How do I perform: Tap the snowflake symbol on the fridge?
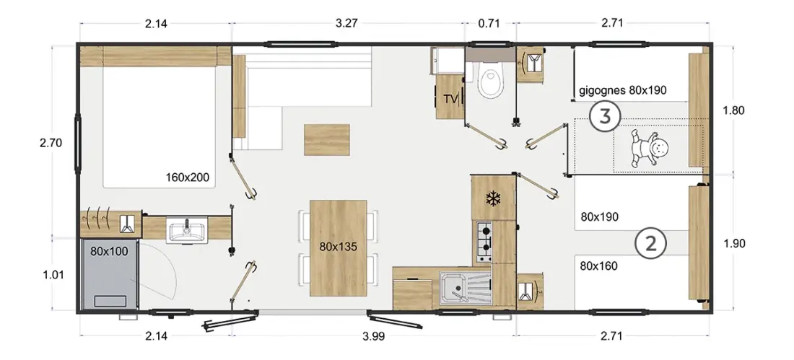tap(492, 198)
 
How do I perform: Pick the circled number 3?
tap(605, 117)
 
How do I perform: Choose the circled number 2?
tap(650, 244)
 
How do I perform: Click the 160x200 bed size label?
tap(188, 177)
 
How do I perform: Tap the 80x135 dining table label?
tap(339, 247)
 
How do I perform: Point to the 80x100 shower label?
tap(110, 250)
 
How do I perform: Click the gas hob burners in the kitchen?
tap(484, 240)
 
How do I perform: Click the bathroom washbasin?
tap(187, 232)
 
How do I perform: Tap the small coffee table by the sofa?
tap(326, 139)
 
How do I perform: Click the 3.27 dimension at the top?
tap(347, 23)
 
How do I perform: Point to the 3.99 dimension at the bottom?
tap(374, 335)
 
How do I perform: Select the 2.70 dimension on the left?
tap(51, 143)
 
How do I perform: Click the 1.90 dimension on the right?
tap(734, 244)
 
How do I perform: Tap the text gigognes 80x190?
tap(623, 90)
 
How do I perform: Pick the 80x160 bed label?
tap(600, 265)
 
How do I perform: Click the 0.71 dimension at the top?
tap(489, 23)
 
